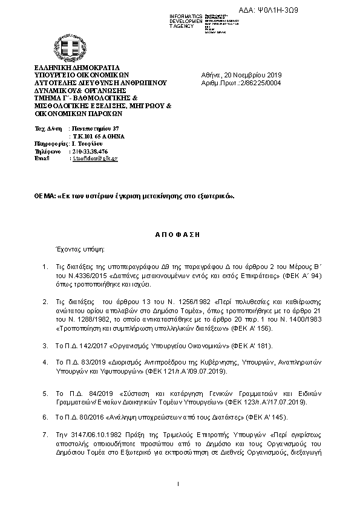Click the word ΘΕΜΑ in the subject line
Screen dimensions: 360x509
[x=44, y=196]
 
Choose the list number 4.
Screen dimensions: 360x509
[x=45, y=361]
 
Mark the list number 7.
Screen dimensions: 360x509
[x=45, y=435]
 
